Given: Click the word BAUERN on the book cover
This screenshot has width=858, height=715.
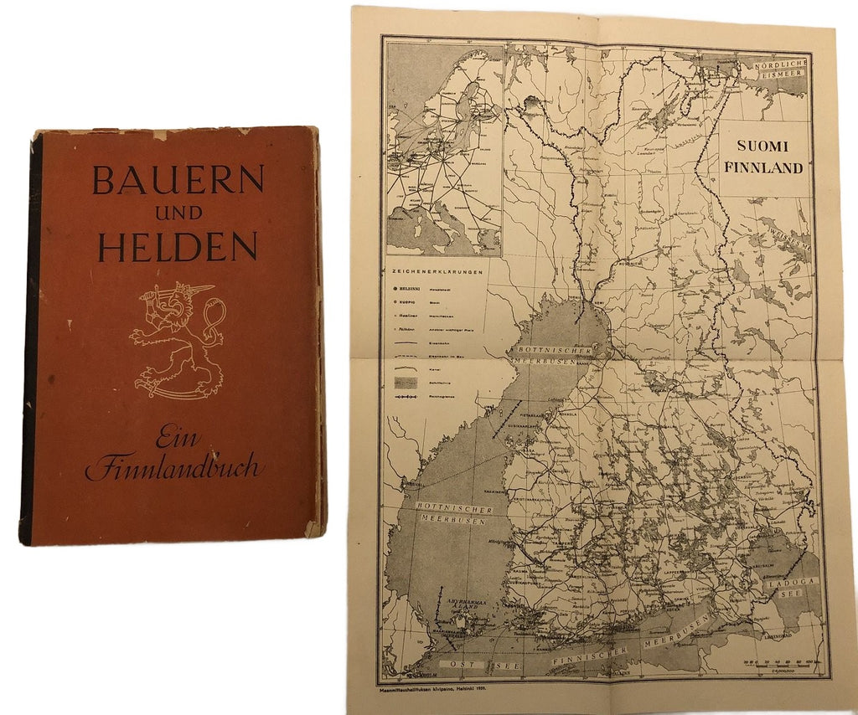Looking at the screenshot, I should click(x=178, y=179).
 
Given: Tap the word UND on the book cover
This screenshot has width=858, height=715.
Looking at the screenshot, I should click(x=178, y=213).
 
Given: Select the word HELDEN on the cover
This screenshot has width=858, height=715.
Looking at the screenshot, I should click(x=178, y=246).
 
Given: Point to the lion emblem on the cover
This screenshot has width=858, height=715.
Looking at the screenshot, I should click(x=177, y=339).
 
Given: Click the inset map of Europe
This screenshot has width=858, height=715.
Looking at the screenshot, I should click(x=442, y=151).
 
